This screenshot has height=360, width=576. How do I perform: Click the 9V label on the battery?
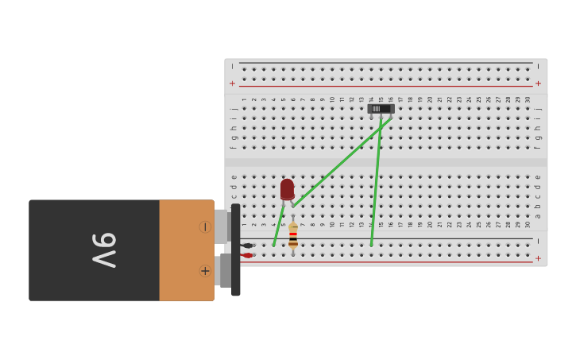(x=104, y=250)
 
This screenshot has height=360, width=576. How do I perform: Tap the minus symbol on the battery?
(x=204, y=227)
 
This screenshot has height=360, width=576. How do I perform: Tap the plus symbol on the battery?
(x=204, y=271)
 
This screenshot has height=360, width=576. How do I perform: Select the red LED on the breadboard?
(x=287, y=189)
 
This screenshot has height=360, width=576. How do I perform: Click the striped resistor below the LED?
(x=293, y=235)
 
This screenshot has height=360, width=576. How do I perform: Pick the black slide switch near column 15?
(x=381, y=108)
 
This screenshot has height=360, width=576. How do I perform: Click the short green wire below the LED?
(x=278, y=227)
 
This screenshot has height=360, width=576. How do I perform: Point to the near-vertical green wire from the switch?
(x=376, y=183)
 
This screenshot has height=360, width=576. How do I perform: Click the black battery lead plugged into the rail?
(x=248, y=246)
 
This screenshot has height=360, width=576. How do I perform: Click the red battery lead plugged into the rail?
(x=248, y=255)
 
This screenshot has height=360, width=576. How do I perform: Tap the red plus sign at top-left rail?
(x=233, y=83)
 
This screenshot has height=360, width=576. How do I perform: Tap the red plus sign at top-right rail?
(x=538, y=83)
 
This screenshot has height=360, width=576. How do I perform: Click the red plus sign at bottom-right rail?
(x=538, y=258)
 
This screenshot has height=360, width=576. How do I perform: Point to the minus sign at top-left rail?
(x=233, y=66)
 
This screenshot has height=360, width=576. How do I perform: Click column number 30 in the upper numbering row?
(x=527, y=99)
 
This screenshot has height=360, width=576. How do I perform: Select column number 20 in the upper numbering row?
(x=430, y=99)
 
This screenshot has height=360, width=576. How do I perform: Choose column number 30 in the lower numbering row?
(x=527, y=224)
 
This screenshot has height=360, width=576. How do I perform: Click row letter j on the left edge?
(x=233, y=109)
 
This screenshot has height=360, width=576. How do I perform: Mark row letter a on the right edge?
(x=538, y=215)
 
